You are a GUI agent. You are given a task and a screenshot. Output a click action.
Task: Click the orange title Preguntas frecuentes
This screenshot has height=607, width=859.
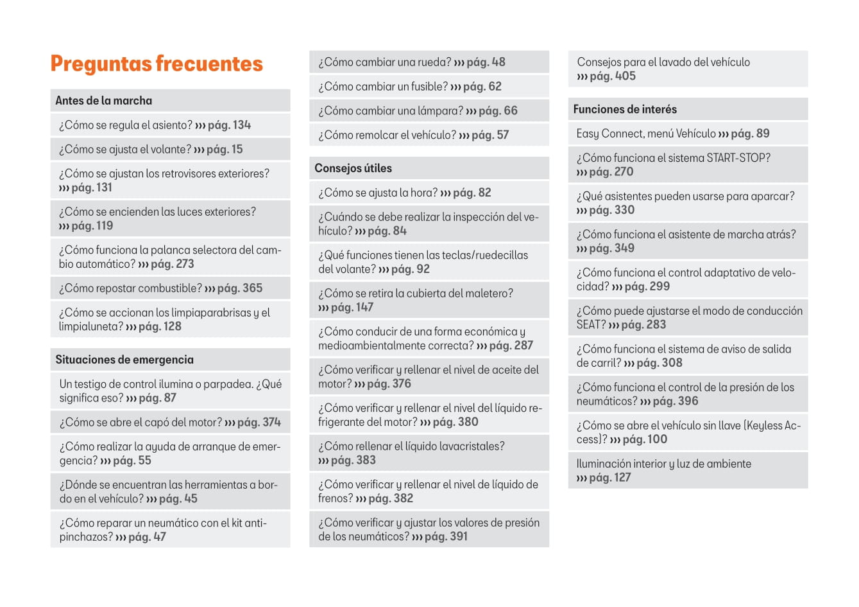(x=157, y=64)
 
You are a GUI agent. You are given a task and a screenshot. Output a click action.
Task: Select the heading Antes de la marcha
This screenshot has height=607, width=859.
(x=104, y=100)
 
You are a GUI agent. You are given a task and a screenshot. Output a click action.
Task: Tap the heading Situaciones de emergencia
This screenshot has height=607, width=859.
(x=124, y=360)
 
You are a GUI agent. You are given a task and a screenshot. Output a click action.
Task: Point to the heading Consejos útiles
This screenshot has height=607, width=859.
(x=353, y=168)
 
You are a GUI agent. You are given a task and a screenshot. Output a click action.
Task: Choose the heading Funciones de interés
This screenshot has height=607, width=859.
(x=625, y=109)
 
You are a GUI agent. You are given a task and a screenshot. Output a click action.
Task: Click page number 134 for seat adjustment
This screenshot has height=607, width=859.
(x=242, y=125)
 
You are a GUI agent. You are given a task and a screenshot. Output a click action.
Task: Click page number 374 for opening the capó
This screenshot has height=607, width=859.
(x=271, y=423)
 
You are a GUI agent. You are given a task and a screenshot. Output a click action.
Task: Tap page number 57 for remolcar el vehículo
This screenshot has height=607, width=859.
(x=502, y=136)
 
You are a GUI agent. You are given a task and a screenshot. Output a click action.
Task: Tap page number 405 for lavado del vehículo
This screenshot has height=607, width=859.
(x=625, y=76)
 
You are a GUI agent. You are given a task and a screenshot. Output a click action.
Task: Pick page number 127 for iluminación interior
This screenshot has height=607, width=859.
(x=622, y=478)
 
